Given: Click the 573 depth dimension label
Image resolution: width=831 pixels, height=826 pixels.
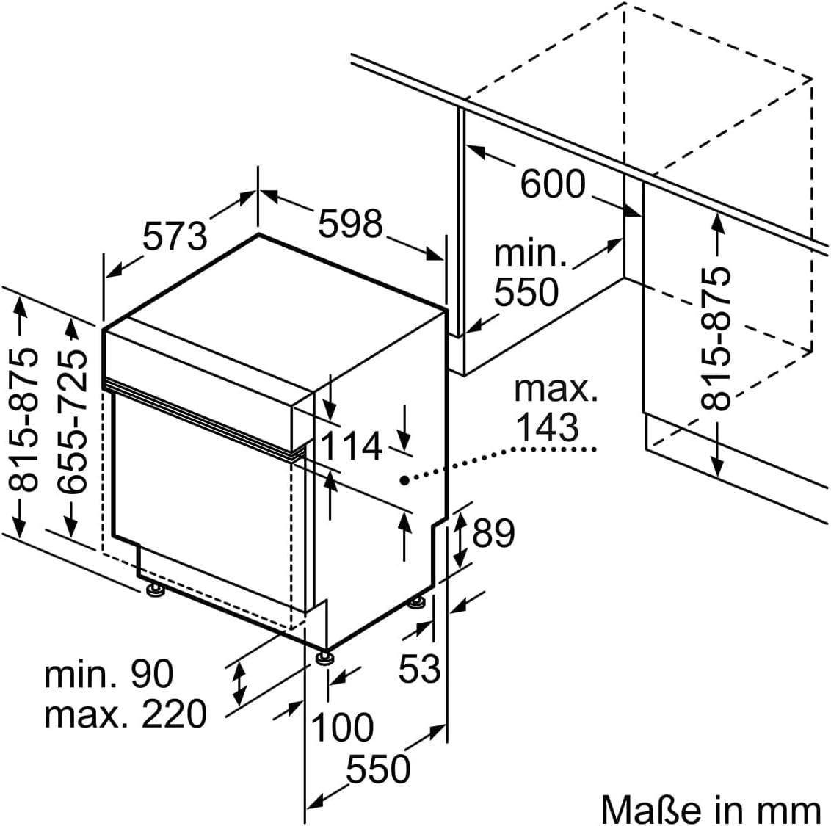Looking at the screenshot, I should pos(175,236).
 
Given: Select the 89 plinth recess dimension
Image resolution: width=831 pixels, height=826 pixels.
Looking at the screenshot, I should pos(493,533).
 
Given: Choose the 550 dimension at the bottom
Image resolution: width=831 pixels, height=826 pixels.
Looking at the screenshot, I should pos(378,769).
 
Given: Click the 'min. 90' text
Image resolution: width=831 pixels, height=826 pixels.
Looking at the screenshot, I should pos(109,673).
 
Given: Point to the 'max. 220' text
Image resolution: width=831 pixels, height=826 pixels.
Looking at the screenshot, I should pos(125,713).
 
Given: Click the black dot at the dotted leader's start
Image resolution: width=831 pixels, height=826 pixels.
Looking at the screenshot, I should pos(403,480).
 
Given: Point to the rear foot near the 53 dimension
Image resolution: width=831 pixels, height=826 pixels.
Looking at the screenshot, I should pos(417,602).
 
